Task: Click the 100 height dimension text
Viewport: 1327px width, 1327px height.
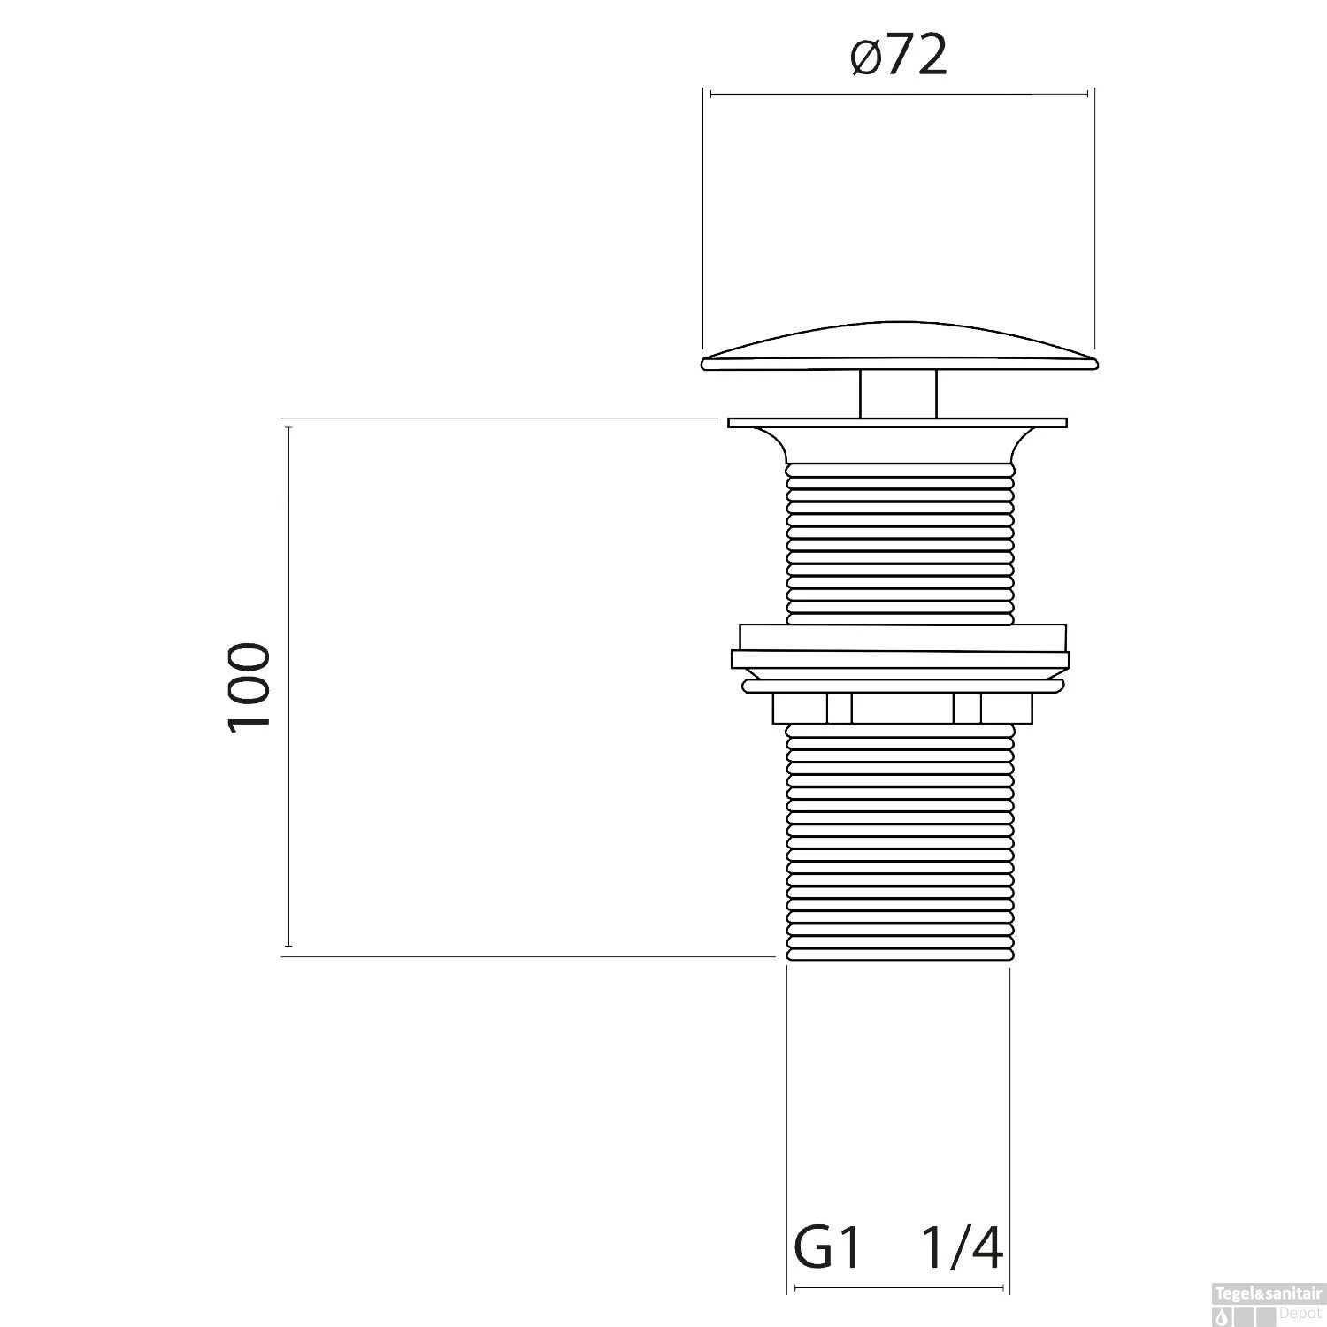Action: pyautogui.click(x=249, y=686)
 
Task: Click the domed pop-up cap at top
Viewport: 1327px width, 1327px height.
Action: pyautogui.click(x=898, y=349)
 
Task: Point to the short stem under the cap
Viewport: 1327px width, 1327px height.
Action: pyautogui.click(x=898, y=394)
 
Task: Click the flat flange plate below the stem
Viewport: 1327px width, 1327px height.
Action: pyautogui.click(x=898, y=423)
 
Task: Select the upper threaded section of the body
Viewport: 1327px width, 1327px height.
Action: pyautogui.click(x=898, y=540)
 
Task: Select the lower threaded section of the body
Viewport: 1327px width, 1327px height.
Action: pyautogui.click(x=898, y=840)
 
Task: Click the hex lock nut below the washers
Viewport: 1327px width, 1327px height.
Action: pyautogui.click(x=901, y=708)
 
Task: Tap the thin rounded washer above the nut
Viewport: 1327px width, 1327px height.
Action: pyautogui.click(x=901, y=685)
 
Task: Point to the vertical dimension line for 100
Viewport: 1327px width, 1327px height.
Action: pyautogui.click(x=288, y=686)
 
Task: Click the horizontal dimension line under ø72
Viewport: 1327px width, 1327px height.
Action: pyautogui.click(x=898, y=94)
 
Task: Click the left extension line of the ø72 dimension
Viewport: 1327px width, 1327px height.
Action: pyautogui.click(x=703, y=221)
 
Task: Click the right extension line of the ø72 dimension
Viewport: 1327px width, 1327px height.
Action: pyautogui.click(x=1095, y=221)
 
